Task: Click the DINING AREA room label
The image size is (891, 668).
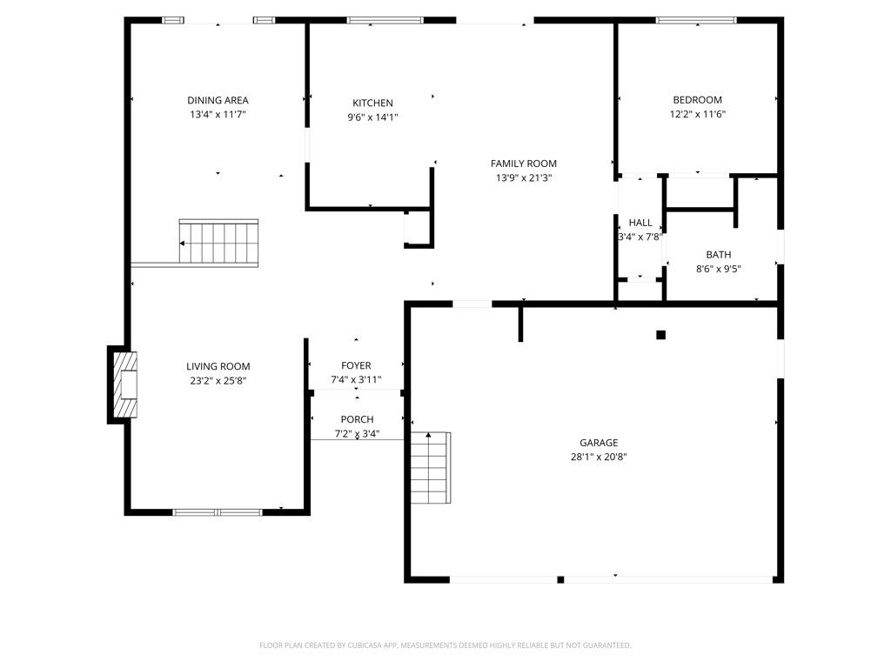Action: [x=218, y=100]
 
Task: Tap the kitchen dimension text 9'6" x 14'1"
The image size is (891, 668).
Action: [x=372, y=117]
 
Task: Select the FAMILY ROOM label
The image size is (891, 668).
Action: [x=523, y=164]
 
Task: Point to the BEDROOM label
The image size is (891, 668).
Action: [x=697, y=100]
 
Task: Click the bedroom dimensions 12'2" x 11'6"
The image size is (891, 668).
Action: [x=697, y=114]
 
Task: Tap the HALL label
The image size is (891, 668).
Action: [x=640, y=223]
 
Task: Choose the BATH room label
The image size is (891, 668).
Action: [x=718, y=255]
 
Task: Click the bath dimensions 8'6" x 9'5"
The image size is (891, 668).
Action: [x=718, y=269]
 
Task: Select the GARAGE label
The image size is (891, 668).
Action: [x=599, y=443]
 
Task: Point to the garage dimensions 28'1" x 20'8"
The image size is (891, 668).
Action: [x=599, y=457]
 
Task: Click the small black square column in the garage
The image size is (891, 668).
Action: [x=660, y=335]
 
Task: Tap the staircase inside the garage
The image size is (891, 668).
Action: [x=430, y=468]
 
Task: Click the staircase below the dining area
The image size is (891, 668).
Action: [x=218, y=243]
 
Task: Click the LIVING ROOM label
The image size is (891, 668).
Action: [x=218, y=366]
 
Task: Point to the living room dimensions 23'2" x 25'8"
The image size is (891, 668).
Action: [x=218, y=380]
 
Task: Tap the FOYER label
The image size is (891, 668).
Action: [x=356, y=365]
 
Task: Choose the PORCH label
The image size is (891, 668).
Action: [x=357, y=419]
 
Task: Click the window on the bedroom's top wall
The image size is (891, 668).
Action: [x=695, y=20]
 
